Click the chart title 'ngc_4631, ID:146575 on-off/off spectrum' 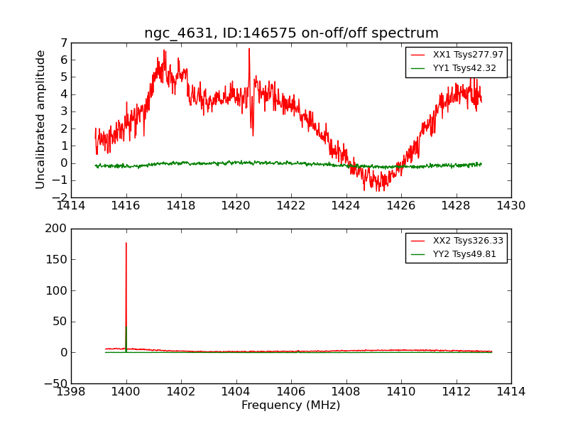(291, 33)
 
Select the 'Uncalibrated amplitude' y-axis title (41, 119)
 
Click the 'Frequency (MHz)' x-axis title (291, 405)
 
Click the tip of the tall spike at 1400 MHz (126, 243)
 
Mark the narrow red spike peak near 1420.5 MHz (249, 48)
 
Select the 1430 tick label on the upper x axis (511, 206)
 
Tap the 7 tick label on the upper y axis (63, 43)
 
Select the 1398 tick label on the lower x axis (71, 392)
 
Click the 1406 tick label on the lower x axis (291, 392)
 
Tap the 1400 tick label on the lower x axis (126, 392)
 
